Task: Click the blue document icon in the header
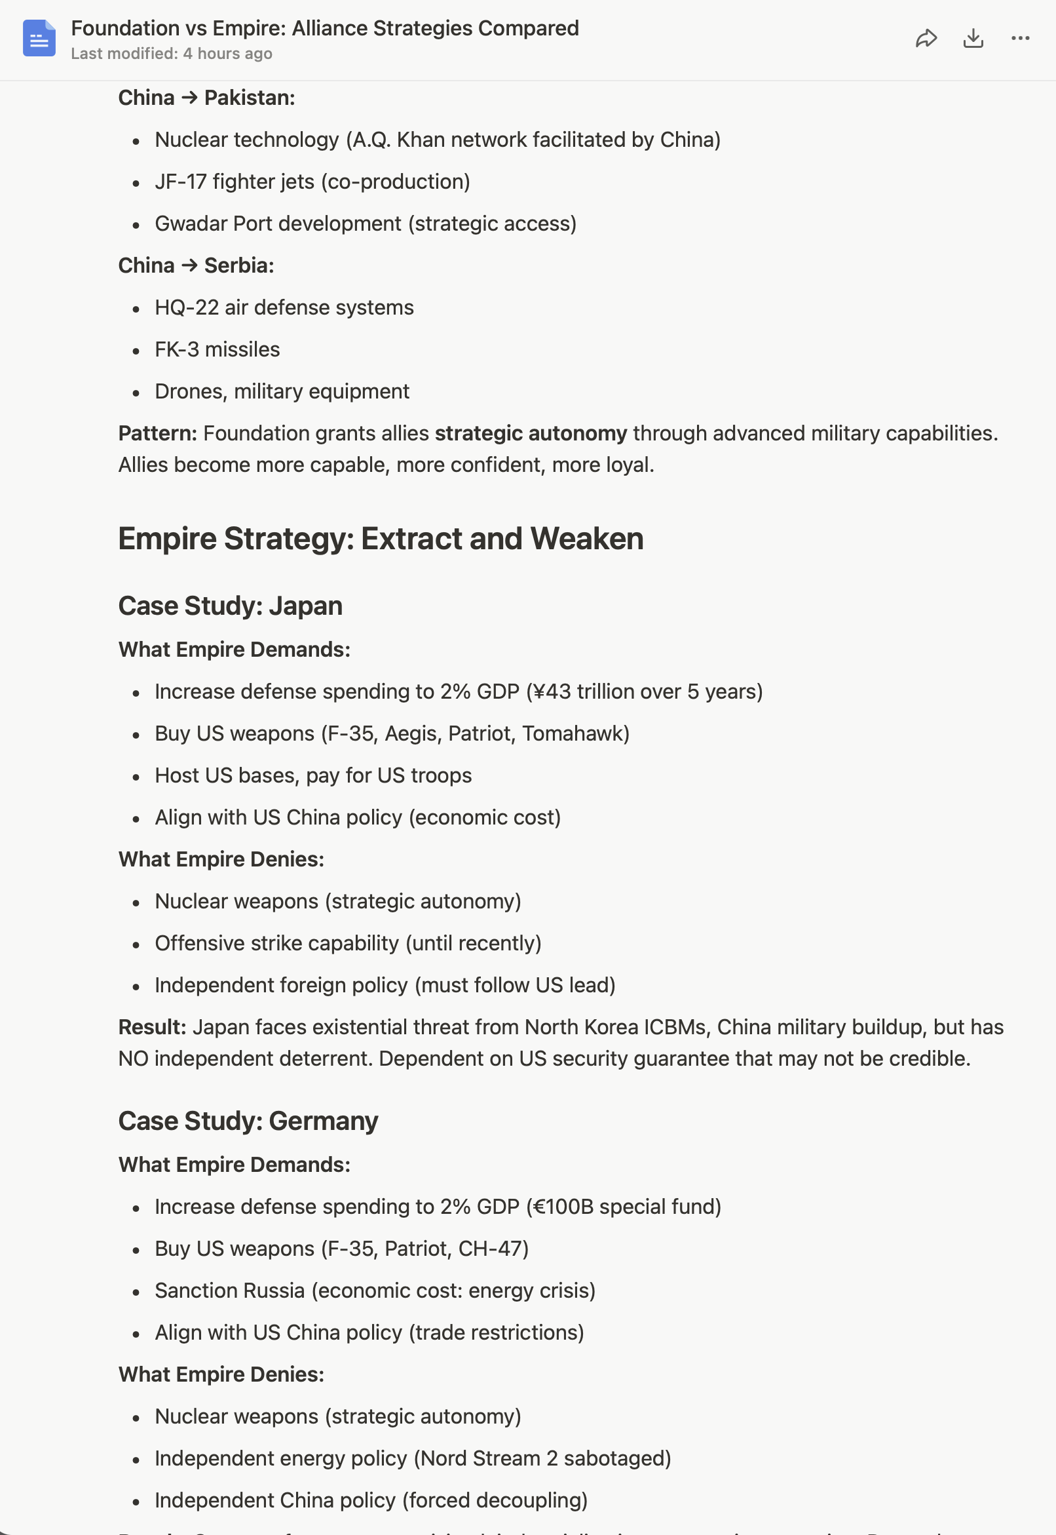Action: click(x=39, y=39)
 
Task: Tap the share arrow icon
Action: click(x=926, y=39)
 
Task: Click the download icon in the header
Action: click(x=973, y=39)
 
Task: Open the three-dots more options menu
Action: click(x=1020, y=39)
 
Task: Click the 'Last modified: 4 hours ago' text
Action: click(x=172, y=54)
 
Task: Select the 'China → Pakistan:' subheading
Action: click(x=206, y=98)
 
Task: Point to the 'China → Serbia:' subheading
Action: click(x=196, y=265)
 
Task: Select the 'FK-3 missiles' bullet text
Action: click(x=217, y=349)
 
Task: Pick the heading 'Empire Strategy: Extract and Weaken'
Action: click(x=381, y=538)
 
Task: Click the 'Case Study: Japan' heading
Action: click(x=230, y=606)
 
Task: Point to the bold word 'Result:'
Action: click(x=152, y=1027)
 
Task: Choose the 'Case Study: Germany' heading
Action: click(x=248, y=1121)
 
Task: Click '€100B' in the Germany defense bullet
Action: click(x=563, y=1207)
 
